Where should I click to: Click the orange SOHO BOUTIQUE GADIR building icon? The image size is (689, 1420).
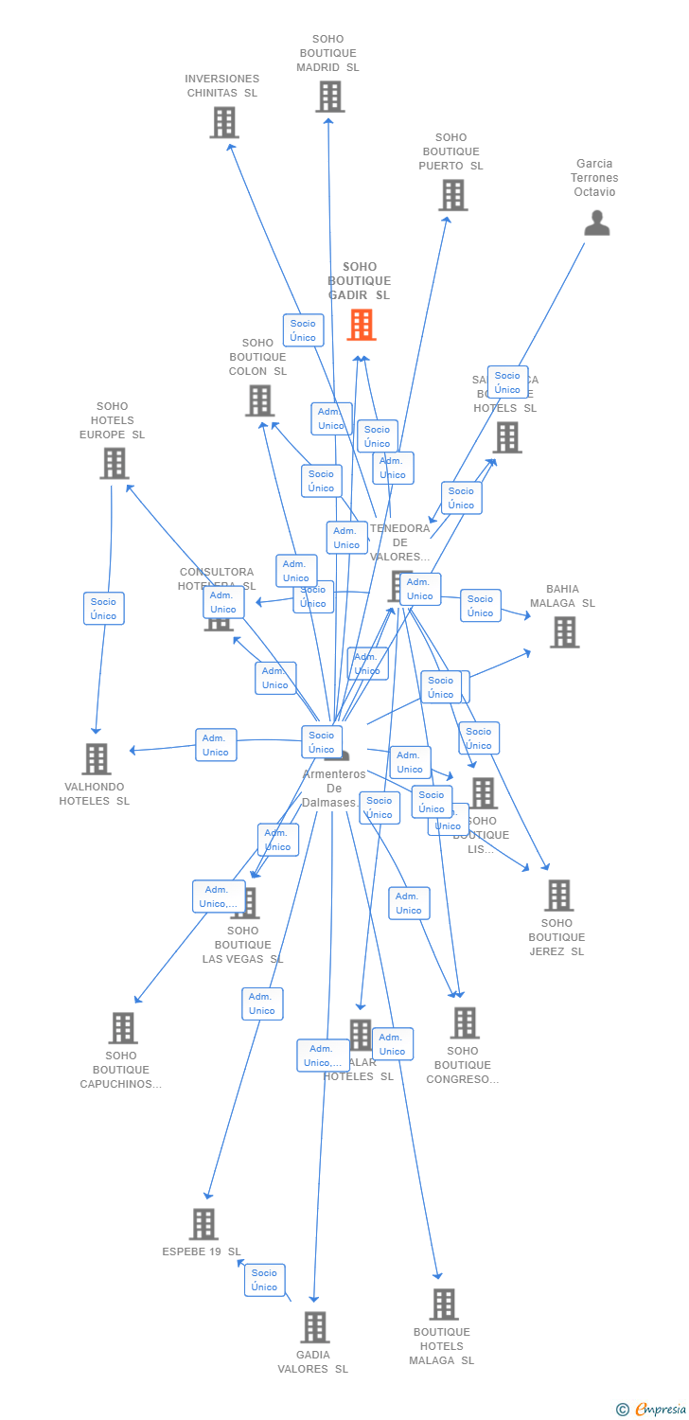(x=361, y=325)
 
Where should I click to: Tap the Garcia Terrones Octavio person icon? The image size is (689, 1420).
(x=597, y=222)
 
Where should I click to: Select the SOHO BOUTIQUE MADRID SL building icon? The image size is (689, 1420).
(x=329, y=97)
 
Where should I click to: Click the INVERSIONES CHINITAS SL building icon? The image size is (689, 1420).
(x=223, y=122)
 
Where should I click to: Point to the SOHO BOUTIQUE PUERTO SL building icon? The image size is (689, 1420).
(x=452, y=195)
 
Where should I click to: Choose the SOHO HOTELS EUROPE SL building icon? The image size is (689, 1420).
(x=114, y=464)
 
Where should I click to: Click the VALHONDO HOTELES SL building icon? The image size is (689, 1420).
(x=96, y=759)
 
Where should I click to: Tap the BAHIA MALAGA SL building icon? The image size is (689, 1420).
(x=564, y=632)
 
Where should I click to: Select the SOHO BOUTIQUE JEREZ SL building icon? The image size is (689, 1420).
(x=558, y=896)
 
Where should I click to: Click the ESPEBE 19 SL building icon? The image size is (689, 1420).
(x=203, y=1224)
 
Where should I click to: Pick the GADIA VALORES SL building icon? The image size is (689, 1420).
(x=315, y=1327)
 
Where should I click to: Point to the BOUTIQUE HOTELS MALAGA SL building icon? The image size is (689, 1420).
(x=443, y=1305)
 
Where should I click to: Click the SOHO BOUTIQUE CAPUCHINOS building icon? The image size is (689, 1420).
(x=122, y=1028)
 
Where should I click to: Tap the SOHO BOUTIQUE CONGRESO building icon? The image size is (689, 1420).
(x=464, y=1023)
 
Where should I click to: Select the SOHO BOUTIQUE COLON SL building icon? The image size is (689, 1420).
(x=259, y=400)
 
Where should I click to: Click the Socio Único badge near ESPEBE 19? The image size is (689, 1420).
(x=265, y=1280)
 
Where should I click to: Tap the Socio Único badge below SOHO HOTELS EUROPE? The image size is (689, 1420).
(x=103, y=609)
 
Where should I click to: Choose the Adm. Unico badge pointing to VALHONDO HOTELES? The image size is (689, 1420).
(x=216, y=745)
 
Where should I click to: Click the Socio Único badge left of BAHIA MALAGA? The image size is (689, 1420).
(x=480, y=606)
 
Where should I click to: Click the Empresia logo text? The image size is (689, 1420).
(x=660, y=1410)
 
